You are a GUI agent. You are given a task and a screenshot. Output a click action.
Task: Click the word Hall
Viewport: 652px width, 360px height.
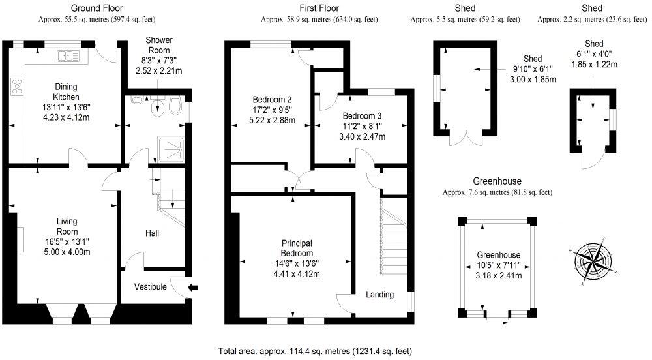point(152,233)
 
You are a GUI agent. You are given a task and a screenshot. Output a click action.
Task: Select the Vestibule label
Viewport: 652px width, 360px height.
point(151,287)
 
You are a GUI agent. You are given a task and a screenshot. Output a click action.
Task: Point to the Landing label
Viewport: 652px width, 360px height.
point(379,295)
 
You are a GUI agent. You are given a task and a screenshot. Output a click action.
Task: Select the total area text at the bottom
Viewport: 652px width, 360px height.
point(315,351)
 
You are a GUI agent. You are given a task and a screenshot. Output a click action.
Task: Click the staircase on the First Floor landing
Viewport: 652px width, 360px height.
point(393,238)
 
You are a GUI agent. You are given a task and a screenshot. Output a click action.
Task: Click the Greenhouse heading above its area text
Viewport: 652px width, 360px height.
point(497,181)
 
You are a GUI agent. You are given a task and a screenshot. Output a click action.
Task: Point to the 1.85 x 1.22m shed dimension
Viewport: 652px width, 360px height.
point(594,64)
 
